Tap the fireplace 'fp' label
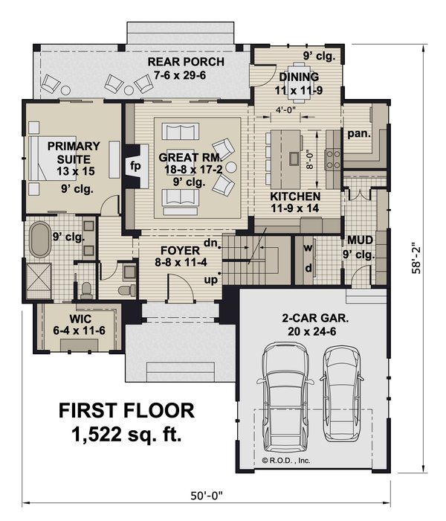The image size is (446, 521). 135,165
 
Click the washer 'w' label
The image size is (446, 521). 308,246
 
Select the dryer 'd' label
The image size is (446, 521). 308,267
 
